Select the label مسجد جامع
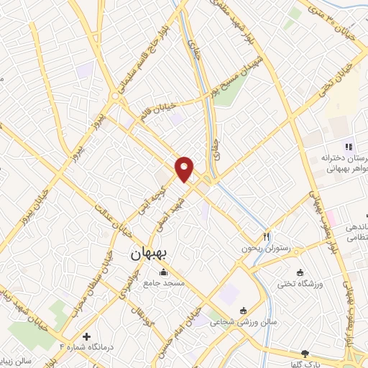click(x=165, y=283)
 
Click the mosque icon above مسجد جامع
click(x=165, y=272)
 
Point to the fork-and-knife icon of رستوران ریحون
click(x=267, y=236)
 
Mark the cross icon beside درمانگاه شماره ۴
click(x=87, y=336)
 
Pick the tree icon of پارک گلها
click(x=305, y=354)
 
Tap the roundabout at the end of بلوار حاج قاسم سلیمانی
click(x=115, y=96)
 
